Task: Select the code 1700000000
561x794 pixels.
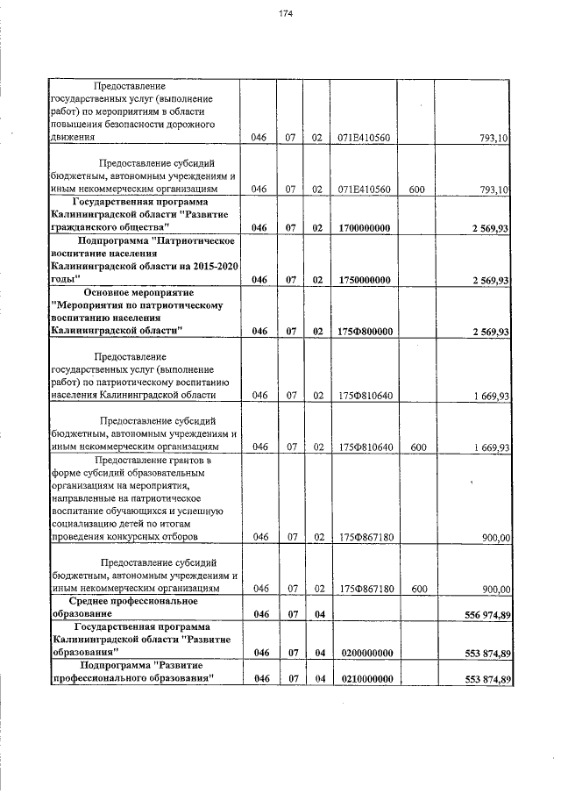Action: [364, 229]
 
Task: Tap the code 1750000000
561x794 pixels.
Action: [364, 280]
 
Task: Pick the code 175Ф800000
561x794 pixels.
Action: [364, 331]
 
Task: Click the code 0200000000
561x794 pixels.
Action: [364, 654]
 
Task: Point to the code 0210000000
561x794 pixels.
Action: [364, 680]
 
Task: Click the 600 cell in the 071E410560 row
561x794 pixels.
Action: [417, 189]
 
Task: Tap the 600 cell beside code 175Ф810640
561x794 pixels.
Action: [417, 447]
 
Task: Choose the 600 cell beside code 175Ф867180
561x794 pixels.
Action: [417, 589]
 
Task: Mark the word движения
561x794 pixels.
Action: [72, 138]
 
